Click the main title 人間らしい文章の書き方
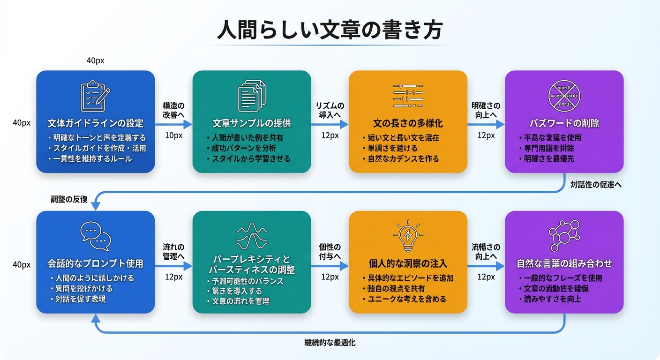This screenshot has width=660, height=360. click(x=330, y=30)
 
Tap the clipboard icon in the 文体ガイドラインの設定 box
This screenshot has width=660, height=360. click(x=95, y=96)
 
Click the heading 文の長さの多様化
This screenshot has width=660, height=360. click(x=408, y=124)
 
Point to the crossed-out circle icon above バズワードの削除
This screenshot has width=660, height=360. click(x=564, y=96)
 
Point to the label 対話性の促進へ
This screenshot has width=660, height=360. click(x=596, y=185)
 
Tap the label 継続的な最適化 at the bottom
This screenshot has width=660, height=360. click(x=330, y=343)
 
